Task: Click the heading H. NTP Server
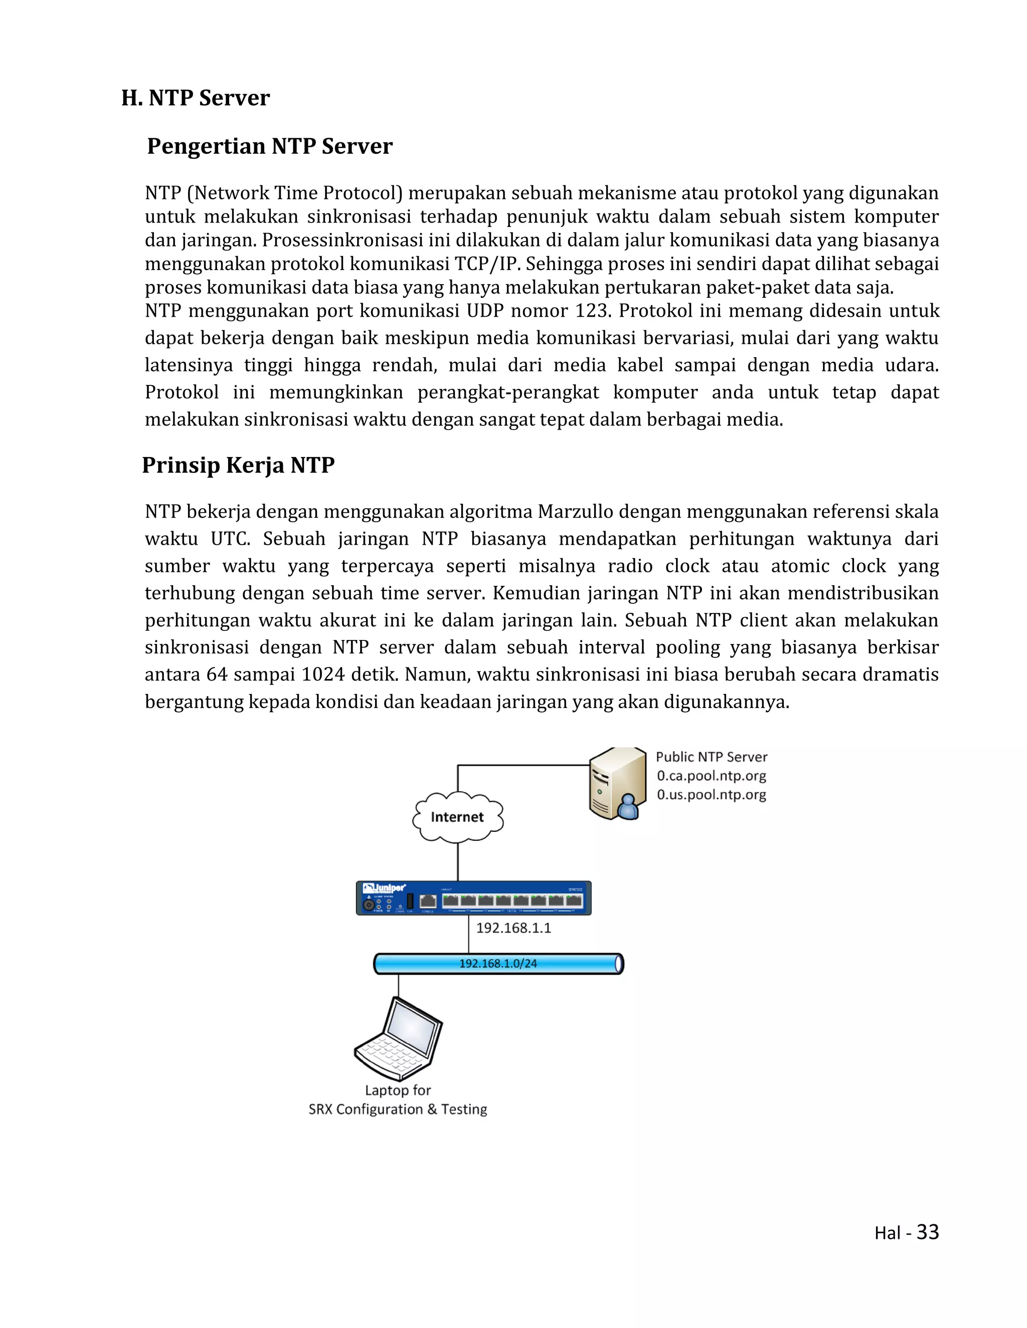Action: tap(195, 98)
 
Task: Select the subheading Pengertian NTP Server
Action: tap(269, 146)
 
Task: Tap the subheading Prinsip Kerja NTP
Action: tap(238, 465)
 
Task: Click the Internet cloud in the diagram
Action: tap(457, 817)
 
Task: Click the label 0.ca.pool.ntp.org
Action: tap(711, 776)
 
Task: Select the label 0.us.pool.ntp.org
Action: tap(711, 795)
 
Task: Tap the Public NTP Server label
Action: tap(711, 757)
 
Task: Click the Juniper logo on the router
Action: tap(385, 889)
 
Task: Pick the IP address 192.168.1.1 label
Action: tap(513, 928)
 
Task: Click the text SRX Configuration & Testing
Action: tap(398, 1109)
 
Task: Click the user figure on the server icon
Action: tap(628, 806)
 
